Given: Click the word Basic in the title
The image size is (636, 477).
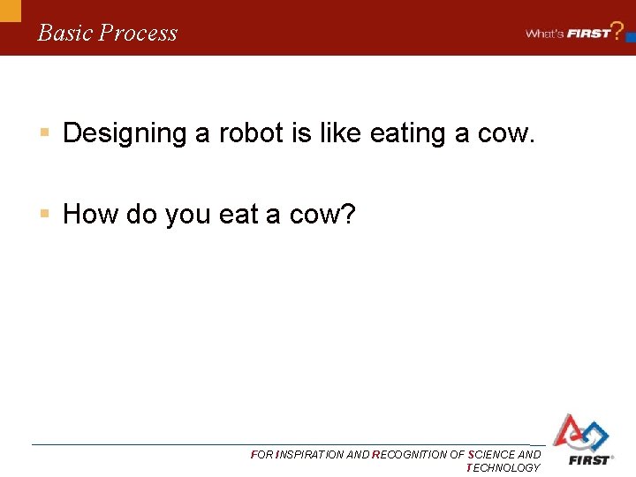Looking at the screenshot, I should (65, 33).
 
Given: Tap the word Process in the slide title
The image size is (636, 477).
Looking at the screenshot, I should (138, 34).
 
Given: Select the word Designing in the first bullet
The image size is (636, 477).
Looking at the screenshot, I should (125, 133).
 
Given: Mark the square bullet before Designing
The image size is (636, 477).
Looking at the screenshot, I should (44, 133).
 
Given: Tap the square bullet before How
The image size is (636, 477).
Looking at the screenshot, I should (44, 214).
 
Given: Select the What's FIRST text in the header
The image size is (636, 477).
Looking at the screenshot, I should (568, 34).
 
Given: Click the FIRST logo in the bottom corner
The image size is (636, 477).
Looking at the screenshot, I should (580, 439).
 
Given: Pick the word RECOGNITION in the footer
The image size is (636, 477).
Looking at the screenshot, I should (411, 455).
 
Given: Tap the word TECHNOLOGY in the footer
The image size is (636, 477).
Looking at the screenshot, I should (503, 468).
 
